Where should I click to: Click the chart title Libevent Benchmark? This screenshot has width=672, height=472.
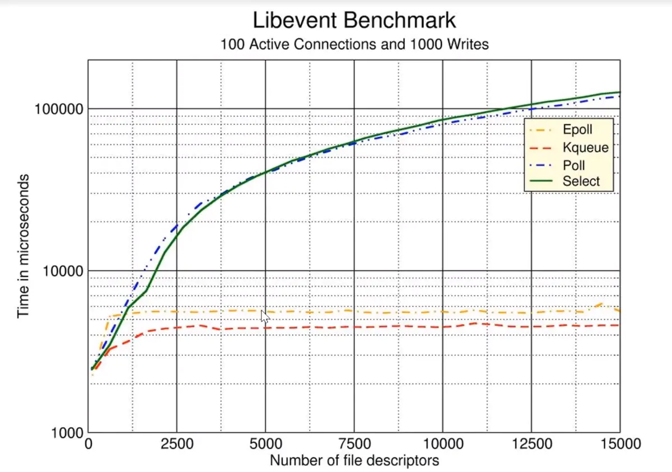[354, 20]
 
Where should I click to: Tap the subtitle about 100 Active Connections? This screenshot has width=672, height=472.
[354, 44]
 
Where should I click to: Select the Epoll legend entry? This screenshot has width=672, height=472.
[577, 130]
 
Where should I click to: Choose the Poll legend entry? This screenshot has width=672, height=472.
[573, 165]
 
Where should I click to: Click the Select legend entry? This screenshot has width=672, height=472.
[581, 181]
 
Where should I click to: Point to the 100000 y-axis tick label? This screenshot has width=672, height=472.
[58, 109]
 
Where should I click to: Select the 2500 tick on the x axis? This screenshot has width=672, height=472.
[176, 445]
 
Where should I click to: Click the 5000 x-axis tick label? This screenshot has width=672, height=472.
[265, 445]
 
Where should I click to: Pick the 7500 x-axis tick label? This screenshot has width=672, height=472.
[354, 445]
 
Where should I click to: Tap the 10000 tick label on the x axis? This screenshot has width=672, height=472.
[442, 445]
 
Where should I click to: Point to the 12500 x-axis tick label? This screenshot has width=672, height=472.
[531, 445]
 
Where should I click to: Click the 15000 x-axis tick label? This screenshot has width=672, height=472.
[619, 445]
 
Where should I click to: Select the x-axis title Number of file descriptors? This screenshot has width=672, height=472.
[354, 461]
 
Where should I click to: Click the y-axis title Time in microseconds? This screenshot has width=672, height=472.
[23, 246]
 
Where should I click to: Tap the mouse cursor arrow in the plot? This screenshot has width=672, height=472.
[264, 316]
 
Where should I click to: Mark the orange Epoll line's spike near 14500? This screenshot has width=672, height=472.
[601, 304]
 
